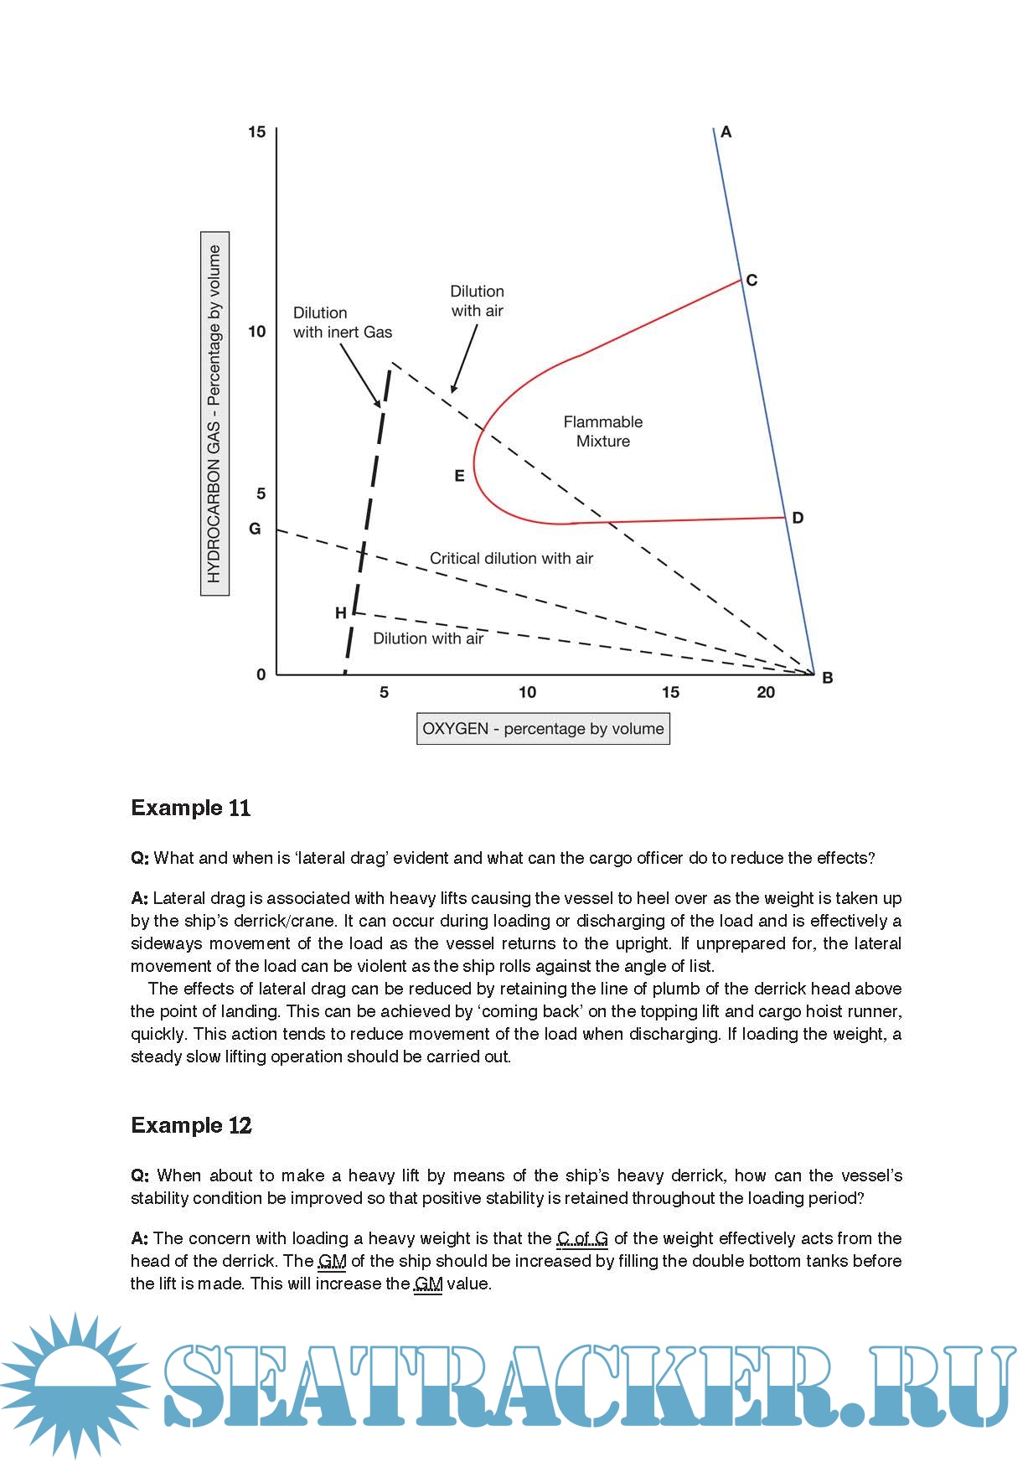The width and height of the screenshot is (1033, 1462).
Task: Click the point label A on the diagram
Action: (x=726, y=132)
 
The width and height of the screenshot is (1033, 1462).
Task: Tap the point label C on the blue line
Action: (x=752, y=280)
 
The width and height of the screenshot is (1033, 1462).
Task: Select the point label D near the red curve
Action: (x=798, y=518)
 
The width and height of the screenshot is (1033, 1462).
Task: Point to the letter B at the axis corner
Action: (x=827, y=678)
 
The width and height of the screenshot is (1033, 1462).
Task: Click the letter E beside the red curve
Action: (x=459, y=476)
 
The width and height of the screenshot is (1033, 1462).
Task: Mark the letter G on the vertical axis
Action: (x=255, y=529)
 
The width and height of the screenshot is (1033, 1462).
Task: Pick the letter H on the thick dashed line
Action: (x=340, y=613)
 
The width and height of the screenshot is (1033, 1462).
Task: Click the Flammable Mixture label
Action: (x=602, y=431)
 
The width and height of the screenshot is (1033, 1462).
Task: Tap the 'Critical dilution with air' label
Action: (x=511, y=558)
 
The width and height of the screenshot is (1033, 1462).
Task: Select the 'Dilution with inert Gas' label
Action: (x=342, y=323)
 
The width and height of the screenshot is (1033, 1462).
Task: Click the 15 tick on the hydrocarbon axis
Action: (x=256, y=132)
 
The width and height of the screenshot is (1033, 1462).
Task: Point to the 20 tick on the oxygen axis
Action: (x=766, y=692)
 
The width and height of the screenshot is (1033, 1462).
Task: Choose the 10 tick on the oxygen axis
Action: (x=527, y=692)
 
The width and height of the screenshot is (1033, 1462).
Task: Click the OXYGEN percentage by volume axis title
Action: (x=543, y=729)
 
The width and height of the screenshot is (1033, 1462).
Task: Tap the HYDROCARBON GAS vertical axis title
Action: (x=214, y=413)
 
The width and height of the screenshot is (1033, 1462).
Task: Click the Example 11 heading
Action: (x=191, y=808)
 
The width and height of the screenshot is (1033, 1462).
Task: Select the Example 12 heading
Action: (x=191, y=1125)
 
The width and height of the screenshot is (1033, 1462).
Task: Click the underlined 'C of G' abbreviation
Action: (x=582, y=1238)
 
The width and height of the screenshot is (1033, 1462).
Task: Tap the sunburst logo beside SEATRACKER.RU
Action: (x=75, y=1385)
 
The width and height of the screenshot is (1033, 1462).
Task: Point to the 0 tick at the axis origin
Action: (x=261, y=674)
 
